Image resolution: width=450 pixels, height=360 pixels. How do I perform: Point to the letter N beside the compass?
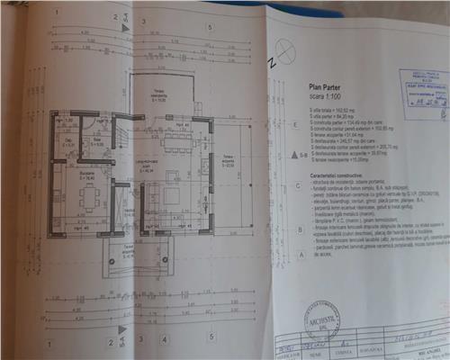tap(270, 64)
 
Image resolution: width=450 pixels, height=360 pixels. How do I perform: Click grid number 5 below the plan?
tap(210, 340)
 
